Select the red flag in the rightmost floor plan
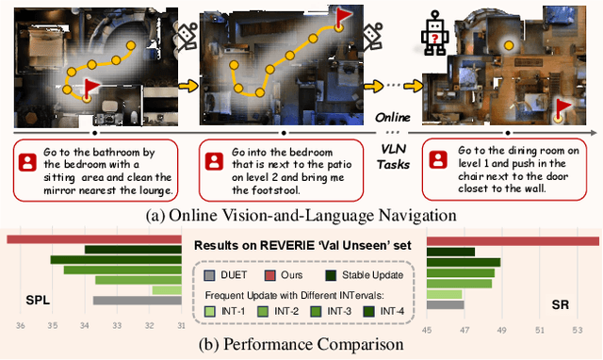click(x=563, y=106)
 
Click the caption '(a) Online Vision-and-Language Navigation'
click(x=301, y=216)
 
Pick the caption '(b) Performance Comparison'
click(x=301, y=345)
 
